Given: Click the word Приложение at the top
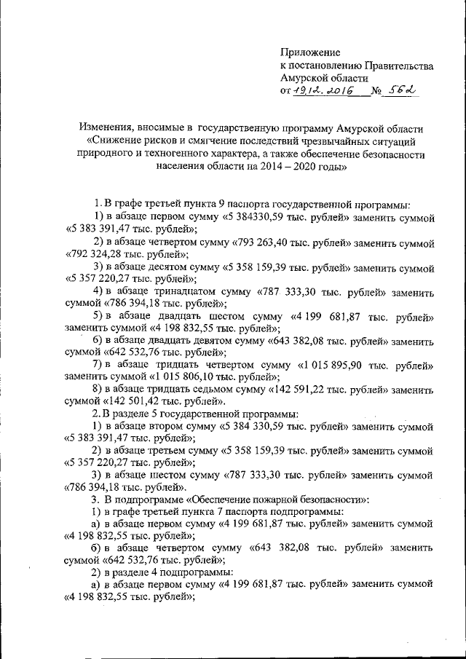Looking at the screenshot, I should pos(310,53).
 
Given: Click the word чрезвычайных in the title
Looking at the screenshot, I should pos(323,141).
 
